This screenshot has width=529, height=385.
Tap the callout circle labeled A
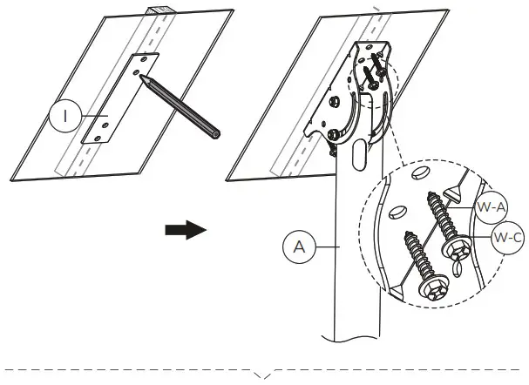coord(300,247)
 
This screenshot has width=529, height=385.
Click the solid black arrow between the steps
coord(186,230)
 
